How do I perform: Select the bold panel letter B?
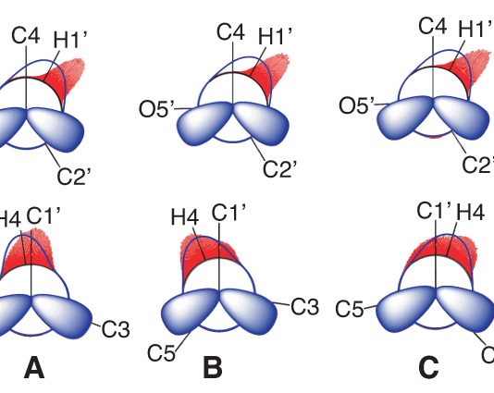click(x=213, y=367)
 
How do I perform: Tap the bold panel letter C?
click(x=429, y=367)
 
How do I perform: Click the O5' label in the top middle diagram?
click(x=156, y=109)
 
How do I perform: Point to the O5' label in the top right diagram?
click(x=357, y=105)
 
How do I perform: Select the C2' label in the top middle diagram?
click(x=279, y=169)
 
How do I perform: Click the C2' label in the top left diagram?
click(x=74, y=176)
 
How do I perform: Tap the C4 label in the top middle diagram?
click(x=230, y=32)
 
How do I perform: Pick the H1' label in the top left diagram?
click(x=69, y=40)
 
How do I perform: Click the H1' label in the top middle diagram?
click(x=275, y=35)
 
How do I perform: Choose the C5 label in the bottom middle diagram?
click(x=161, y=352)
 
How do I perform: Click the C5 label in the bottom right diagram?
click(x=349, y=309)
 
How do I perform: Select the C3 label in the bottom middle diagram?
click(x=305, y=307)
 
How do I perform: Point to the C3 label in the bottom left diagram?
click(x=116, y=329)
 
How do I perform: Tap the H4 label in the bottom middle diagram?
click(x=185, y=216)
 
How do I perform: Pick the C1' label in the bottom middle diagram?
click(x=228, y=212)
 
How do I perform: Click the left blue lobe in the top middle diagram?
click(x=205, y=123)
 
